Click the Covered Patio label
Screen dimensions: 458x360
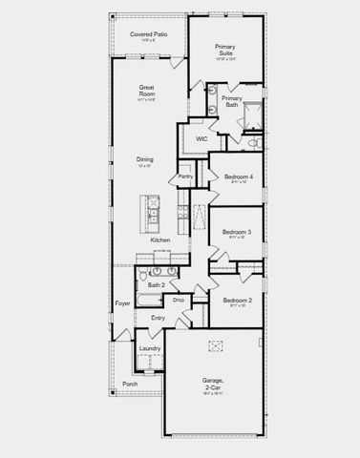pyautogui.click(x=147, y=33)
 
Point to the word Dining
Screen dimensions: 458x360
pyautogui.click(x=144, y=159)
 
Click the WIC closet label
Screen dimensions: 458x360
pyautogui.click(x=201, y=139)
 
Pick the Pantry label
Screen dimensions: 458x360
pyautogui.click(x=185, y=177)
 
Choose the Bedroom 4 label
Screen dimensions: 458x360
pyautogui.click(x=237, y=177)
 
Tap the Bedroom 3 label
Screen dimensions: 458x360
pyautogui.click(x=236, y=232)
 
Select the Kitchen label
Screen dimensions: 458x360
pyautogui.click(x=160, y=239)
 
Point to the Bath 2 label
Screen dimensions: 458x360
pyautogui.click(x=156, y=285)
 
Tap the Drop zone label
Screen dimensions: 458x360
pyautogui.click(x=178, y=301)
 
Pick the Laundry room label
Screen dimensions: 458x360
pyautogui.click(x=149, y=348)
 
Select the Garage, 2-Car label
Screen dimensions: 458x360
pyautogui.click(x=212, y=385)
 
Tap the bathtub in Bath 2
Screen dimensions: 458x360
pyautogui.click(x=154, y=302)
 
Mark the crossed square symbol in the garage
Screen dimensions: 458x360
pyautogui.click(x=215, y=345)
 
